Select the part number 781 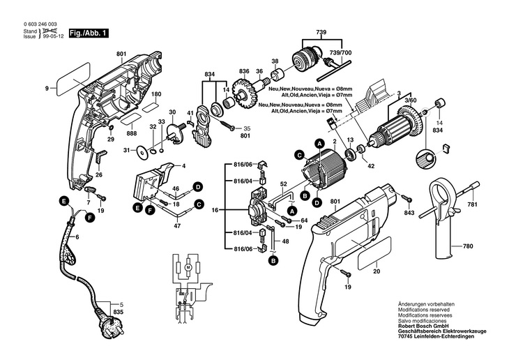(x=473, y=204)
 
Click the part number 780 (x=468, y=246)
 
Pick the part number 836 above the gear (x=243, y=71)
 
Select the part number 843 (x=409, y=212)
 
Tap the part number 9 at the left (x=47, y=89)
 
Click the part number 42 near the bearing (x=372, y=167)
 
